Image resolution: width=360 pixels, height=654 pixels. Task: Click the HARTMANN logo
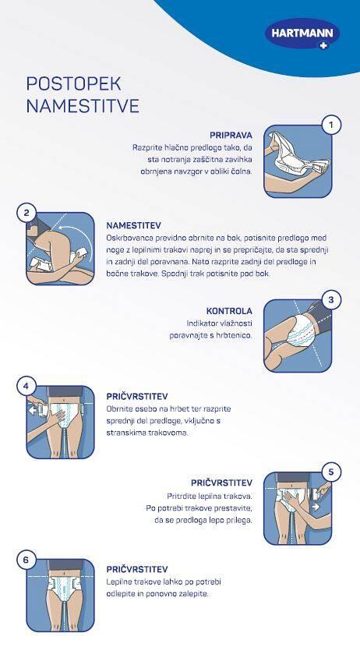click(x=302, y=34)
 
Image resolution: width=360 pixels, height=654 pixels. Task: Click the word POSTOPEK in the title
click(x=73, y=84)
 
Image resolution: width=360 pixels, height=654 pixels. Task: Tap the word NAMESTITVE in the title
click(x=83, y=106)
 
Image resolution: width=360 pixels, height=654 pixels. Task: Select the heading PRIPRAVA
click(x=231, y=136)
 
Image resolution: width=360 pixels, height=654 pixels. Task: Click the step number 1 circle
click(x=332, y=125)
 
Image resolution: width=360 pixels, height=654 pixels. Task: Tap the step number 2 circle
click(x=26, y=213)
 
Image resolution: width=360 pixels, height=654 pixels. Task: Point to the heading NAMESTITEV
click(x=133, y=225)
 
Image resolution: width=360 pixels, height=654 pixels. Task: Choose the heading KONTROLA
click(x=229, y=311)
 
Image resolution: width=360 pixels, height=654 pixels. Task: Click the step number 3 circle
click(x=332, y=299)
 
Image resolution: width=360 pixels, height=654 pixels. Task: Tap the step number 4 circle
click(x=26, y=386)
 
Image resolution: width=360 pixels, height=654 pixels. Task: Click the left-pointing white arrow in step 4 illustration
click(x=33, y=411)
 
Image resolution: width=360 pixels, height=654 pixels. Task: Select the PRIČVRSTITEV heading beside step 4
click(x=137, y=396)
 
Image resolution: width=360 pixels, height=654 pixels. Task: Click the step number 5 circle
click(x=332, y=472)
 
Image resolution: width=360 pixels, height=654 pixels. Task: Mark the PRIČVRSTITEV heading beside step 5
click(x=222, y=483)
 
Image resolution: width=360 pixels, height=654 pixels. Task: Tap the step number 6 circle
click(x=26, y=560)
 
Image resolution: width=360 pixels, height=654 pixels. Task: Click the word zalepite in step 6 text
click(x=193, y=593)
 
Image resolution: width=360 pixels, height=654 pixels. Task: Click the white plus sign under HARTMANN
click(x=323, y=46)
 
